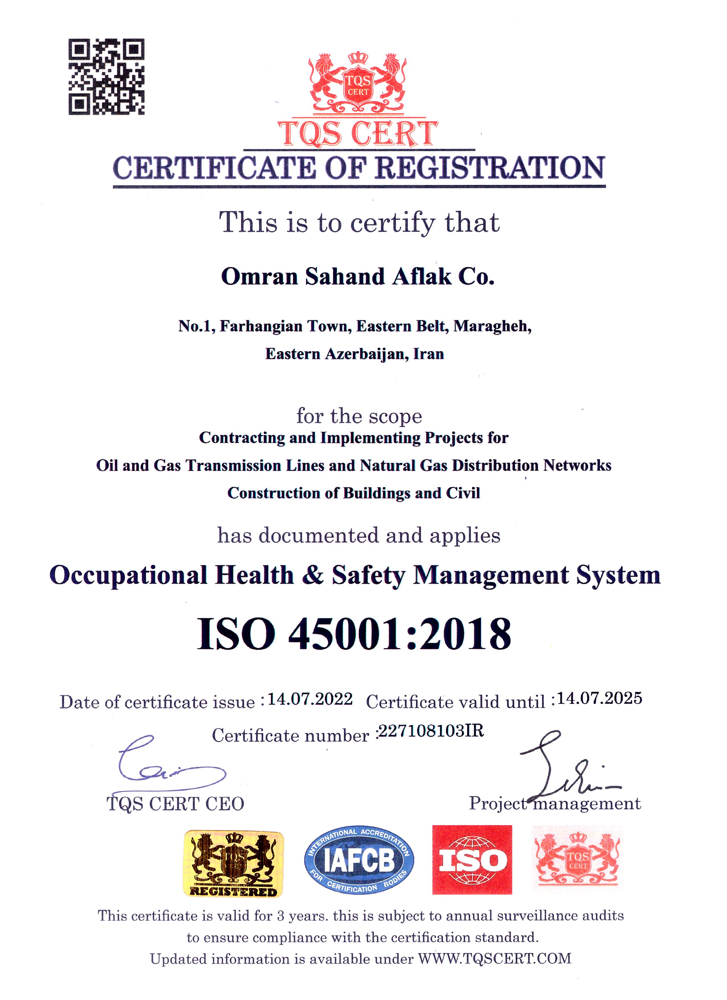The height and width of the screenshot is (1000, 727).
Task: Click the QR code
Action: [106, 77]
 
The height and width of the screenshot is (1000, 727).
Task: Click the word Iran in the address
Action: [428, 354]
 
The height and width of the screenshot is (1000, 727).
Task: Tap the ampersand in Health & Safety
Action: [313, 575]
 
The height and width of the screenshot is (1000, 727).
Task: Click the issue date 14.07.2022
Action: [310, 699]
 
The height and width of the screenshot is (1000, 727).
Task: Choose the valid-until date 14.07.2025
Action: [600, 698]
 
